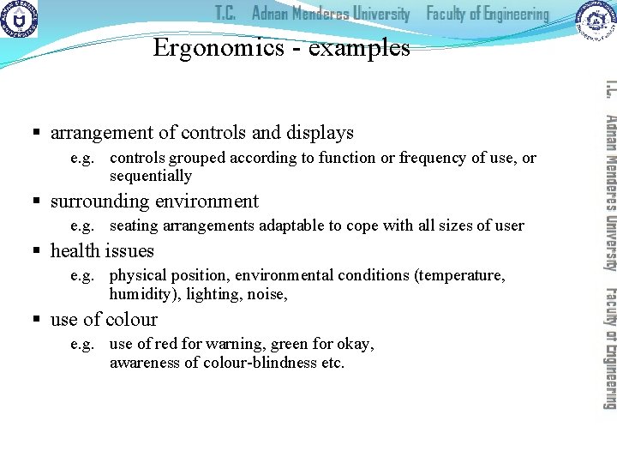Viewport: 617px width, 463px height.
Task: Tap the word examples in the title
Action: click(x=359, y=48)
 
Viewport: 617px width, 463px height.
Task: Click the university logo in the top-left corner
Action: click(x=19, y=20)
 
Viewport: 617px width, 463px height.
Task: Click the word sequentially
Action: click(x=151, y=177)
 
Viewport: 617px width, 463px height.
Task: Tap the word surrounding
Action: click(x=99, y=202)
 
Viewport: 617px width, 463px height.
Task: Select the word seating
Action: click(x=135, y=226)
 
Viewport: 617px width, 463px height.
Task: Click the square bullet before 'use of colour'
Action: click(x=37, y=321)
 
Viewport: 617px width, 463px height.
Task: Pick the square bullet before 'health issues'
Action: click(x=37, y=252)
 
